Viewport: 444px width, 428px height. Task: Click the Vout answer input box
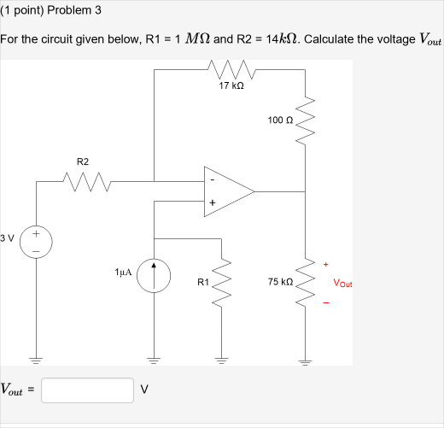click(x=87, y=390)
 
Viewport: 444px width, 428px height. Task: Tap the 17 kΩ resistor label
click(x=231, y=85)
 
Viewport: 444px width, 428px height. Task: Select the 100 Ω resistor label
click(x=279, y=120)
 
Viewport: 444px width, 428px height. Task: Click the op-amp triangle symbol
click(x=226, y=191)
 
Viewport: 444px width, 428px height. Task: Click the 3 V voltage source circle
click(x=37, y=240)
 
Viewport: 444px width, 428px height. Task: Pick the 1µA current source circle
click(x=155, y=279)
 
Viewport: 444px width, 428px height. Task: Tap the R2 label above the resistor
click(x=82, y=161)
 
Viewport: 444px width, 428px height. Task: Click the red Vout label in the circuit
click(x=342, y=282)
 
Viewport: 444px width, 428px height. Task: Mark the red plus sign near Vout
click(x=324, y=264)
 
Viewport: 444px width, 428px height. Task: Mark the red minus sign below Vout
click(x=324, y=301)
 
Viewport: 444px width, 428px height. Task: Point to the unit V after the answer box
click(x=144, y=390)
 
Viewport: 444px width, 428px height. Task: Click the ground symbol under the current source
click(x=155, y=358)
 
